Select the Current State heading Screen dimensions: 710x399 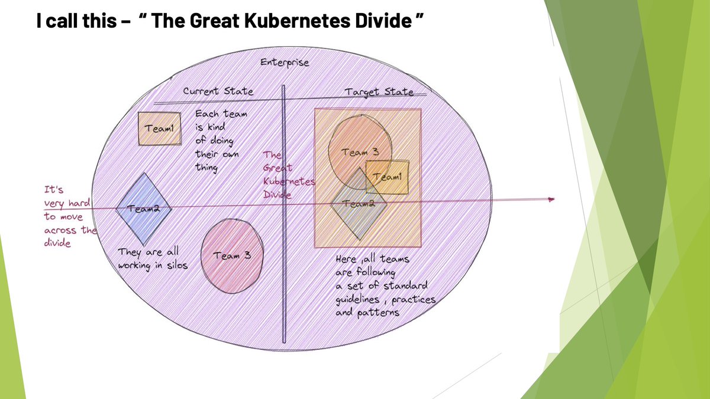218,92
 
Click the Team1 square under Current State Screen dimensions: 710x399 159,128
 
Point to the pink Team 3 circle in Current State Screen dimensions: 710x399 232,255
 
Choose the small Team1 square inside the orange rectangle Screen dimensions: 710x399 387,177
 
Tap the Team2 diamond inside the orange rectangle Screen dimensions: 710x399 359,204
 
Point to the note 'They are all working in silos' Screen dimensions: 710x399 152,259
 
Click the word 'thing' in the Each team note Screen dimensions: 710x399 206,167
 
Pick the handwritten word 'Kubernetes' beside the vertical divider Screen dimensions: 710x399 289,181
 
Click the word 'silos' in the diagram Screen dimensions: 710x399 176,265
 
